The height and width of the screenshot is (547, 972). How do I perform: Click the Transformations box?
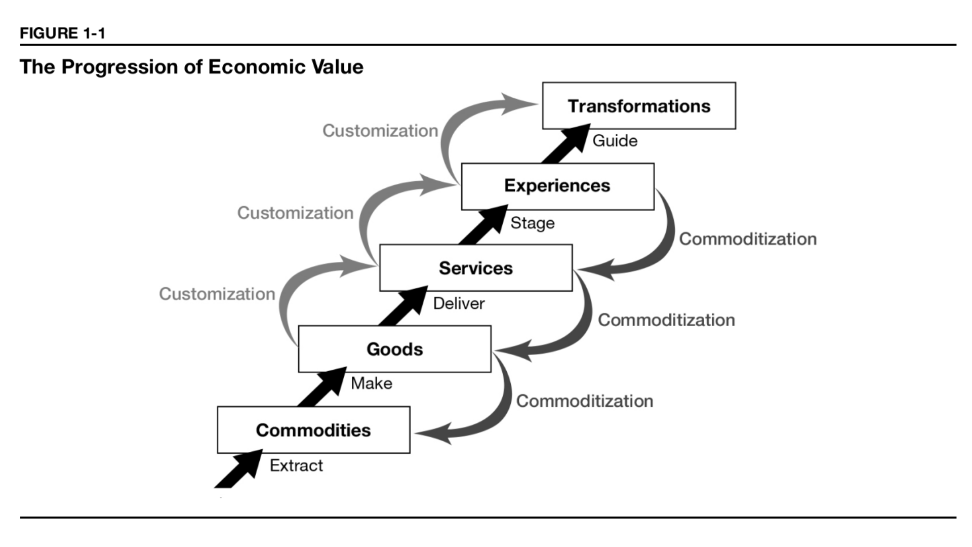(639, 106)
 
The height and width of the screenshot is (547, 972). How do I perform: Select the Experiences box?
(557, 186)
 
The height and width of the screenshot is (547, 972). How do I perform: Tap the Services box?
(476, 268)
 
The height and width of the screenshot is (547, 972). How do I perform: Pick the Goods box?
(395, 349)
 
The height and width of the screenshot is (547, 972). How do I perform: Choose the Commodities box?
(313, 430)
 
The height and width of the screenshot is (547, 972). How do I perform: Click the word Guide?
(615, 141)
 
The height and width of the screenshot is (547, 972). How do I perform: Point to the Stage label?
(532, 223)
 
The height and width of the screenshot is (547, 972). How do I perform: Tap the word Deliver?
(459, 303)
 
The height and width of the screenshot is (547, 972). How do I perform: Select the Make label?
(372, 383)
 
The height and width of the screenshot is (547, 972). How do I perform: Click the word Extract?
(296, 465)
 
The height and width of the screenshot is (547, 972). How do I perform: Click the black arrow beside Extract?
(238, 469)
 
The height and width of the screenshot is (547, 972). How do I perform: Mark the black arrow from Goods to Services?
(403, 306)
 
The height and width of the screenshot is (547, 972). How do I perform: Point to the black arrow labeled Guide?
(566, 144)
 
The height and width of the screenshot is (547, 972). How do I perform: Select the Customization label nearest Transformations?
(380, 131)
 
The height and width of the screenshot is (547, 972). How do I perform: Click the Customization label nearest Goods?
(217, 294)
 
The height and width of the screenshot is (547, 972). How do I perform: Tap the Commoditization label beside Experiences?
(748, 239)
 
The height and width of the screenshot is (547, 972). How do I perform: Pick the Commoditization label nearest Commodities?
(585, 401)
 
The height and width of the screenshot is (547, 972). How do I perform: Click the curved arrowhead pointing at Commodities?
(433, 434)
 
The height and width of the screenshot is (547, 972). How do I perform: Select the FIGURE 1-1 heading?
(62, 33)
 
